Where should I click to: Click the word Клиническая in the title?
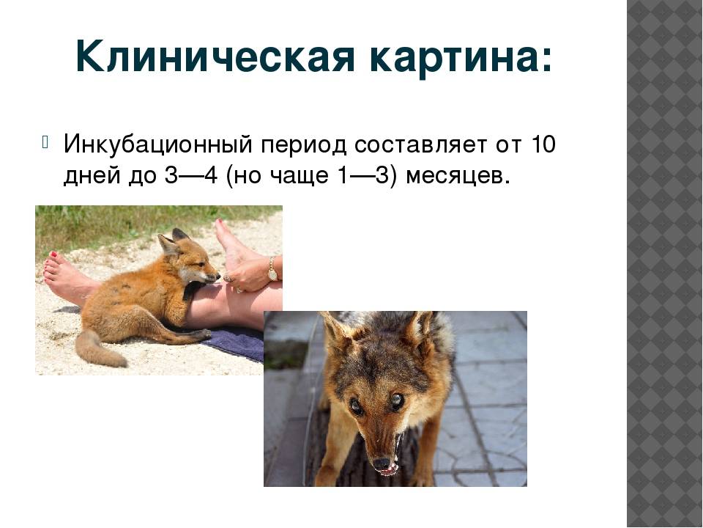215,57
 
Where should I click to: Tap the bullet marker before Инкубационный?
45,142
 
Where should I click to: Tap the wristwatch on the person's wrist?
272,268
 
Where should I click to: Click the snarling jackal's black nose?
381,463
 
